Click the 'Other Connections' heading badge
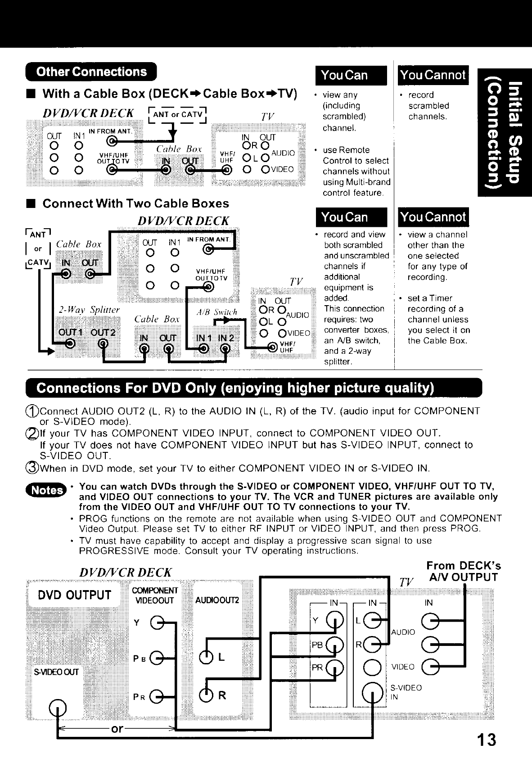click(91, 72)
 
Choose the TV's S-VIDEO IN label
click(399, 692)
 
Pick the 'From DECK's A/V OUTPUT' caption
click(463, 571)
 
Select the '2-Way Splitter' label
click(89, 310)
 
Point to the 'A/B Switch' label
click(216, 312)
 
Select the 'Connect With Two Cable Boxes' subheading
click(135, 203)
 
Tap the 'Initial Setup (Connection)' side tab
click(505, 132)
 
